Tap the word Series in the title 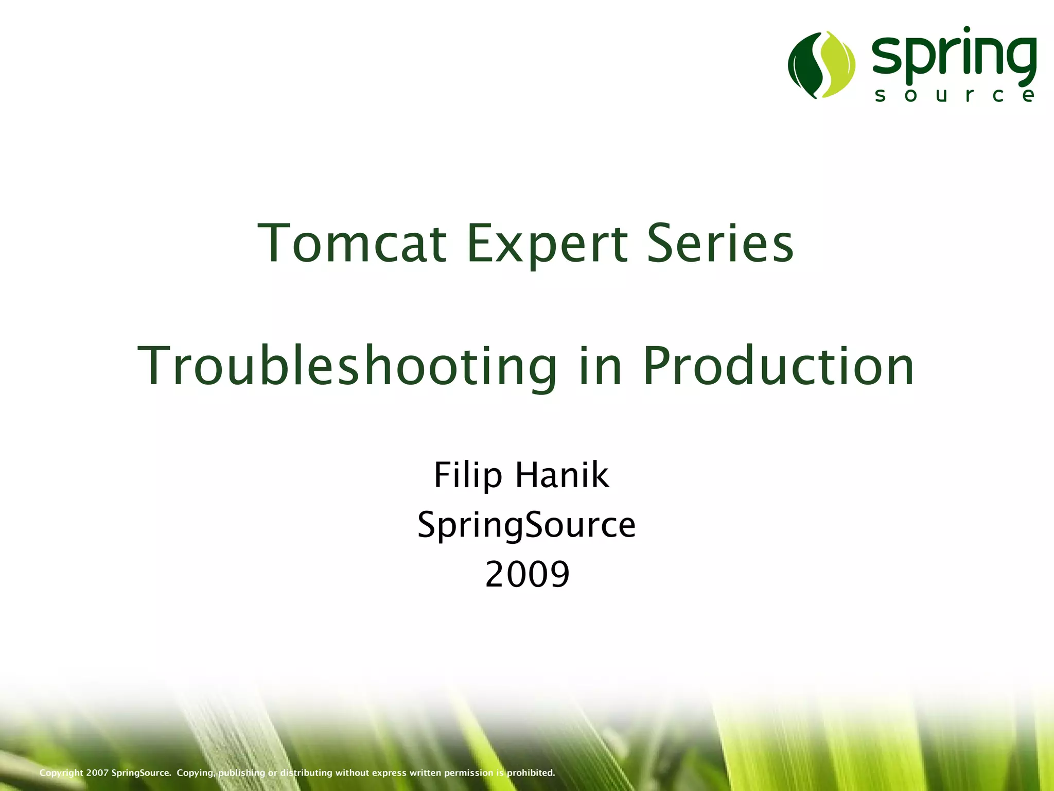[720, 243]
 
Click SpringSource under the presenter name [526, 525]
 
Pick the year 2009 [527, 574]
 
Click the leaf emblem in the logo [821, 64]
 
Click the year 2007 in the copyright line [97, 772]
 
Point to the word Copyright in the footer [61, 773]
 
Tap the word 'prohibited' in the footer [531, 772]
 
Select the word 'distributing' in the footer [306, 772]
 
